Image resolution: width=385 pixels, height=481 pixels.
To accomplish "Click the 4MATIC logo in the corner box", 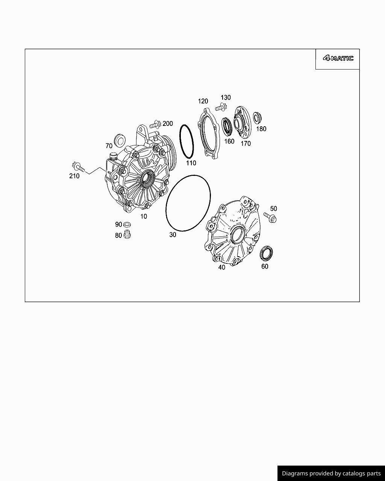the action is click(338, 59).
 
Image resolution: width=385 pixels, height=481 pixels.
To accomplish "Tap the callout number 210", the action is click(74, 176).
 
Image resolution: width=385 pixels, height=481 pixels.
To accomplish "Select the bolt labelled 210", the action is click(79, 167).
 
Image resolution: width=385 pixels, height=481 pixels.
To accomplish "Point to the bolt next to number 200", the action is click(155, 124).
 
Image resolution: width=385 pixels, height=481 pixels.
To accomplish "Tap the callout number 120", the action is click(203, 101).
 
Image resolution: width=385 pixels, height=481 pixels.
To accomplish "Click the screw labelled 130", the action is click(221, 107).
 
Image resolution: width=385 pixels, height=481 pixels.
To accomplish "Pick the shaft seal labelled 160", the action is click(227, 127).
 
